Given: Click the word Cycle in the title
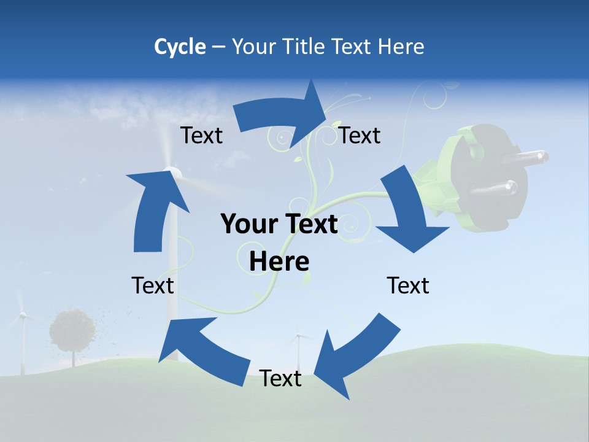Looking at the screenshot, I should (x=180, y=47).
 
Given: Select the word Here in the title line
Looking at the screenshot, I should (x=401, y=47).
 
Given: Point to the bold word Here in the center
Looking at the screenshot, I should (x=279, y=262).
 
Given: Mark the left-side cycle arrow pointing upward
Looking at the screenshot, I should (x=153, y=209).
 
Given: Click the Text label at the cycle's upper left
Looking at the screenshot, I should (x=201, y=136).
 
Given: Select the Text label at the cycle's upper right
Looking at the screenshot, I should (x=360, y=136).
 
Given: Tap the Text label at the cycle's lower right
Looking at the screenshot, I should (x=408, y=285).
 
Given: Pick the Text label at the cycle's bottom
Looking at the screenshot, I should (x=280, y=379).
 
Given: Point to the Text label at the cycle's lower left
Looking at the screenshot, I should (x=153, y=285).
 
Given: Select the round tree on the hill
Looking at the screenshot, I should (x=72, y=330).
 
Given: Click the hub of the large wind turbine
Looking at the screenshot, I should (x=172, y=173).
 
